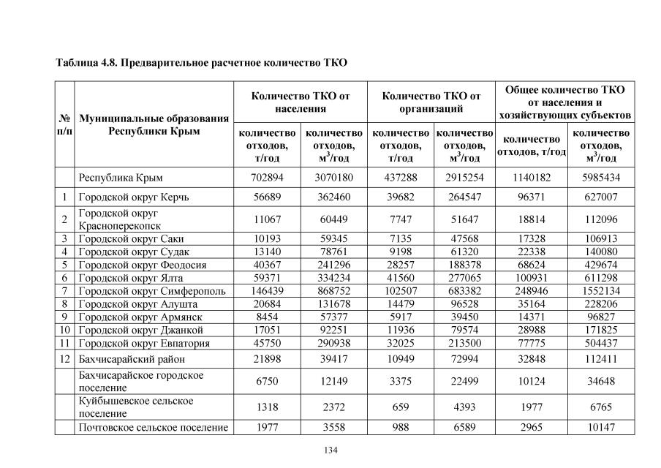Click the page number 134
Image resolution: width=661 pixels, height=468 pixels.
click(330, 449)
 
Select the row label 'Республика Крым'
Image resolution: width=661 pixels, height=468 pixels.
click(121, 178)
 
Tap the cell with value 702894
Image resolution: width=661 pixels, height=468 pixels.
click(267, 178)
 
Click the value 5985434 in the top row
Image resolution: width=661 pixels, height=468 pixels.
click(601, 178)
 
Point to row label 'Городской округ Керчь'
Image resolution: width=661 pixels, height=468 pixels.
click(134, 197)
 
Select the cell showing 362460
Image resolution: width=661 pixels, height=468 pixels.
click(333, 197)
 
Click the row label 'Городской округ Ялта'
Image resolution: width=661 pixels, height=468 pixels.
click(131, 278)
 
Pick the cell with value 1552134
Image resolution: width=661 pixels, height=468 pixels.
click(601, 291)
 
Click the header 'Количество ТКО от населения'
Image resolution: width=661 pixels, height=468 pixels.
click(301, 102)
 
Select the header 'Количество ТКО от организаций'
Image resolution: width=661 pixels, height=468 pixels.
click(431, 102)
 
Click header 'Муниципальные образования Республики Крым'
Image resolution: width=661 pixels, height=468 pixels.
click(154, 124)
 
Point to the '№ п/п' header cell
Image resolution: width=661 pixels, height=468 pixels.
click(64, 124)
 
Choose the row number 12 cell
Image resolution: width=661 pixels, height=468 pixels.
click(64, 359)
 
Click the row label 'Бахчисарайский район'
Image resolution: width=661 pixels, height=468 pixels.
click(132, 359)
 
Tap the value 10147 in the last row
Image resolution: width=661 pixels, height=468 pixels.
click(601, 427)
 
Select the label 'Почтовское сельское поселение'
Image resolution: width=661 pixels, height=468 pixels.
click(153, 427)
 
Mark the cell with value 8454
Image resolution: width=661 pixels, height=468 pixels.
click(267, 317)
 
